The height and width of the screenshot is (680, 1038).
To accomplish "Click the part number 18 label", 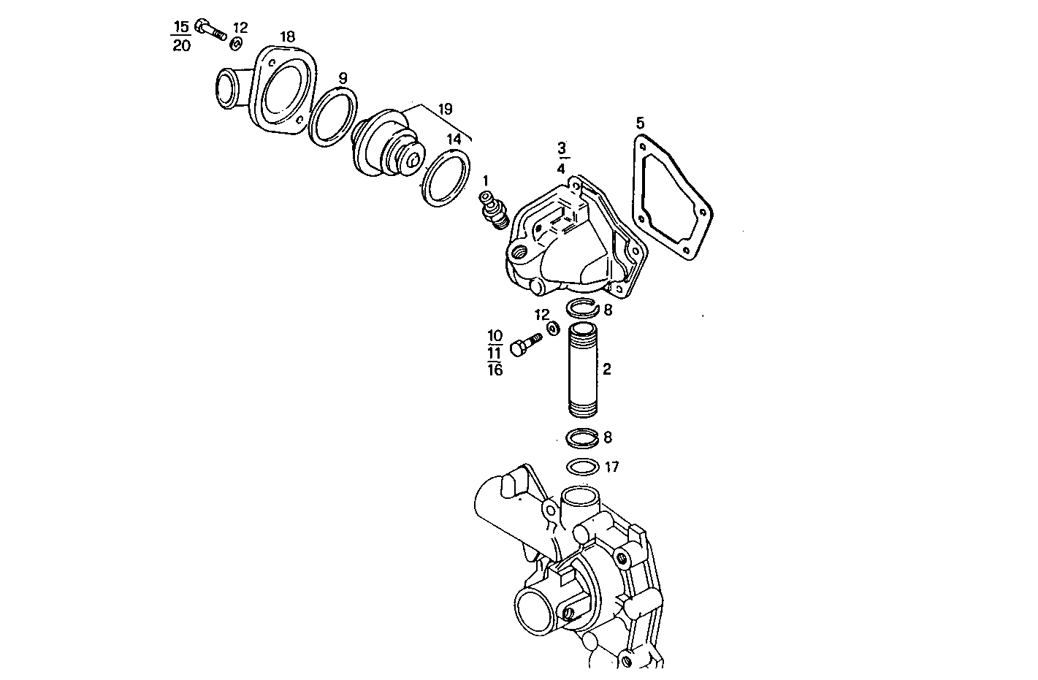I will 287,37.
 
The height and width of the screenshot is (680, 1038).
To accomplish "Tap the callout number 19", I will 445,110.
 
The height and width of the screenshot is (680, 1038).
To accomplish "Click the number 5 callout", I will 640,122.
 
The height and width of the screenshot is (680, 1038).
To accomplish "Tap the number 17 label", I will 612,467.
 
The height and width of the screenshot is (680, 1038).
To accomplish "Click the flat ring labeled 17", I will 582,467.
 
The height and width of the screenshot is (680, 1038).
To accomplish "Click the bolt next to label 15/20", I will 211,30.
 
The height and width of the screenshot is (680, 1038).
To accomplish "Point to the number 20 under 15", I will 181,46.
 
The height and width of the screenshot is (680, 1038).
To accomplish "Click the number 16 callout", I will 495,370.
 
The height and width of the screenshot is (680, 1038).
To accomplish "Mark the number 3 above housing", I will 561,148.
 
